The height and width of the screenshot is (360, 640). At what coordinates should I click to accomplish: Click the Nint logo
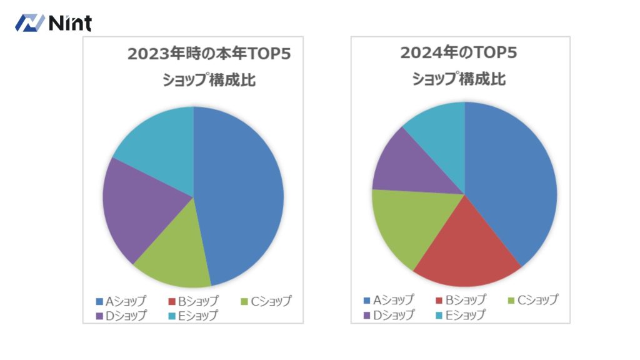[x=53, y=23]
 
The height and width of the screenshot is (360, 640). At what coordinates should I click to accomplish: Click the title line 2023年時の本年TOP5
[x=209, y=54]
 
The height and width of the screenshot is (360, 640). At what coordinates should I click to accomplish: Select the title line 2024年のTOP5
[x=459, y=53]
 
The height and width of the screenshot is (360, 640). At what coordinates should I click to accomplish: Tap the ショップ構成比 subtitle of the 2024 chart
[x=459, y=79]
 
